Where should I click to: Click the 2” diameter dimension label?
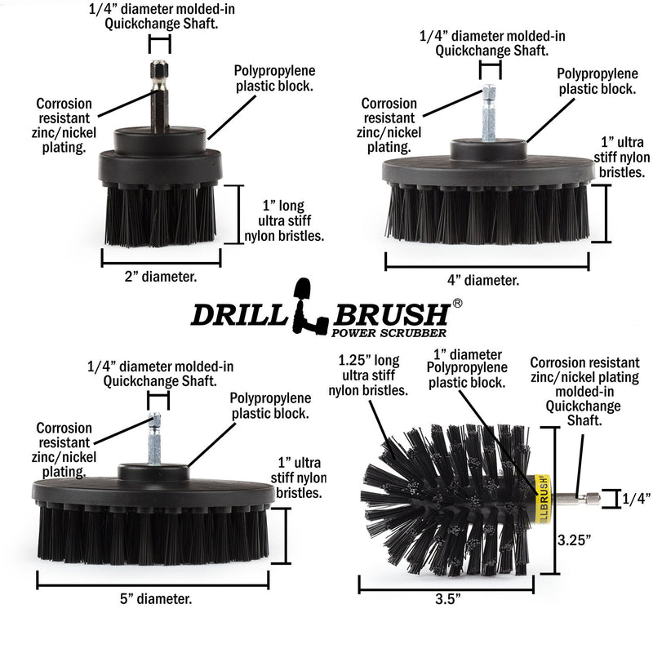point(161,277)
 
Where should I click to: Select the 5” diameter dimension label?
point(154,599)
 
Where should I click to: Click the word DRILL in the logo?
point(241,315)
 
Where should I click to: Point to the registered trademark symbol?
point(457,303)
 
